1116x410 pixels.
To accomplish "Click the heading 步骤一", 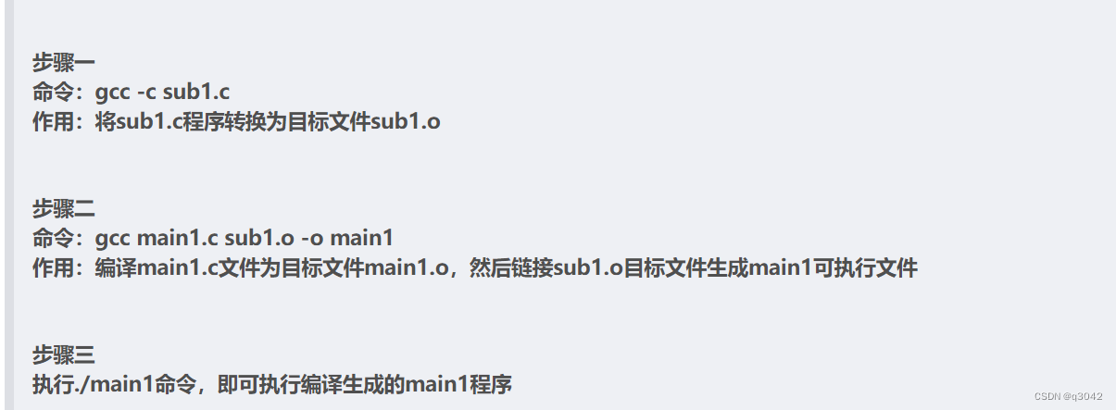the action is coord(64,62).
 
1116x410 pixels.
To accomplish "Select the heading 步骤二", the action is coord(64,207).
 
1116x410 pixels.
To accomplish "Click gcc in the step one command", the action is coord(112,92).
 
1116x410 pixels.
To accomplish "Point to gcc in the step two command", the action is coord(112,238).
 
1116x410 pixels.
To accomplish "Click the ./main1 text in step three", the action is coord(111,383).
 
